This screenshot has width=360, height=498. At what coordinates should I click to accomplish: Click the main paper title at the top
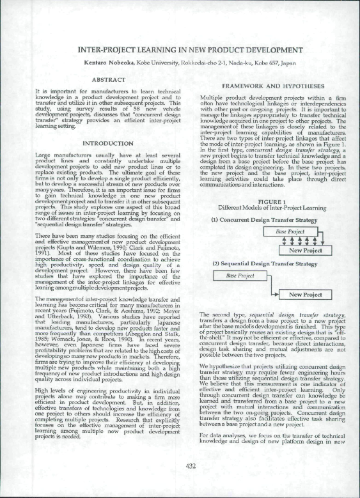coord(189,49)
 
